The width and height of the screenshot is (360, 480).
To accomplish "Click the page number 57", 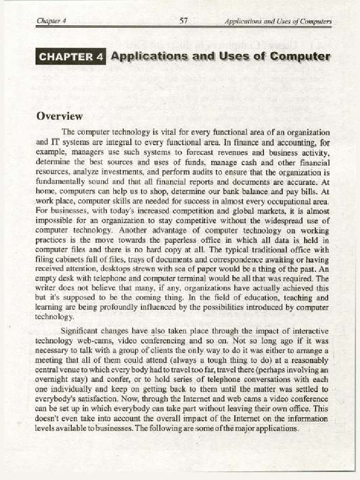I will tap(184, 21).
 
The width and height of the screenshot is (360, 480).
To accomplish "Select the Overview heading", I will tap(60, 116).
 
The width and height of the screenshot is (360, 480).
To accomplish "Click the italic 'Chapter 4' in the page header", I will tap(51, 21).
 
